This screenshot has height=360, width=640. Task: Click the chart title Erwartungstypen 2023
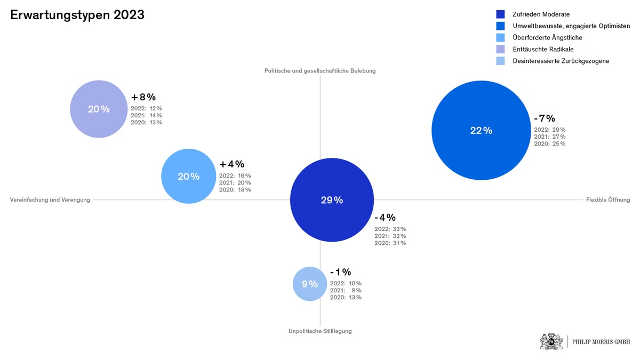click(77, 15)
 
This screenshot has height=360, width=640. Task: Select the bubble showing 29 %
click(332, 200)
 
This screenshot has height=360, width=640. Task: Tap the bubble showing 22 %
click(481, 130)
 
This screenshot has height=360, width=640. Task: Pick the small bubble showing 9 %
click(310, 284)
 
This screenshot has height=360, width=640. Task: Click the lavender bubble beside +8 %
click(99, 109)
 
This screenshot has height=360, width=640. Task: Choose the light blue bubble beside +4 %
click(188, 176)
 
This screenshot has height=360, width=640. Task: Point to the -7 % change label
click(545, 118)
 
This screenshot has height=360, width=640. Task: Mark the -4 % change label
click(385, 217)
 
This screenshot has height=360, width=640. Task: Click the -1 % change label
click(340, 272)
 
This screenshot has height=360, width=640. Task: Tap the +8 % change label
click(143, 97)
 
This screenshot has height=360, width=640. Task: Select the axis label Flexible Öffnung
click(608, 200)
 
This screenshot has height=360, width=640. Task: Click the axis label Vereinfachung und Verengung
click(50, 200)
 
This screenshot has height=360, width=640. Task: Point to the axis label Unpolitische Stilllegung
click(320, 331)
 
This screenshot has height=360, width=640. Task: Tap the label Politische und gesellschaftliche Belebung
click(320, 71)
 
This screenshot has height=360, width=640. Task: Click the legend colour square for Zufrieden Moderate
click(500, 14)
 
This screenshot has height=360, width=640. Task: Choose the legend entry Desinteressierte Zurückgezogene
click(561, 61)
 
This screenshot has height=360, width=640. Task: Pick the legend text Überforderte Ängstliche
click(547, 37)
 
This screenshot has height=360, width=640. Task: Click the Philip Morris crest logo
click(551, 341)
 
